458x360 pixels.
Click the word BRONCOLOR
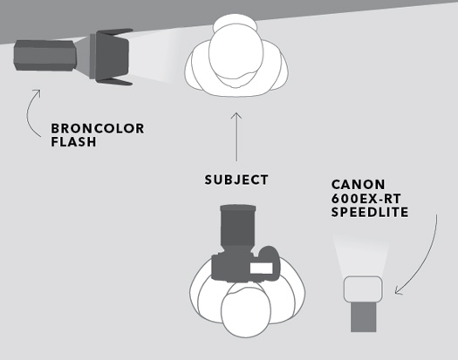(x=98, y=128)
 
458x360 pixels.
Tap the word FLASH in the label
(x=73, y=141)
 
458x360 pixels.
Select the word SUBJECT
(x=236, y=180)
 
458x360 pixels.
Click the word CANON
(x=358, y=185)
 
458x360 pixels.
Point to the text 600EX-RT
(x=366, y=199)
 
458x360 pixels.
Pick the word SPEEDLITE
(x=370, y=212)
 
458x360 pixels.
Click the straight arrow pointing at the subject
(x=236, y=137)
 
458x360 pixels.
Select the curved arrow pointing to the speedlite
(x=427, y=257)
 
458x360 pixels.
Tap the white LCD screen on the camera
(x=262, y=268)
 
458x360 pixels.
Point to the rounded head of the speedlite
(x=363, y=289)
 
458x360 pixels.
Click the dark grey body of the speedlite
(x=364, y=316)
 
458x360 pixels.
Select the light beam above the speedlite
(x=362, y=255)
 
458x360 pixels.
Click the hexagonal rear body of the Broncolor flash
(x=45, y=56)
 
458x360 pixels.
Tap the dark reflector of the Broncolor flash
(x=113, y=57)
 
